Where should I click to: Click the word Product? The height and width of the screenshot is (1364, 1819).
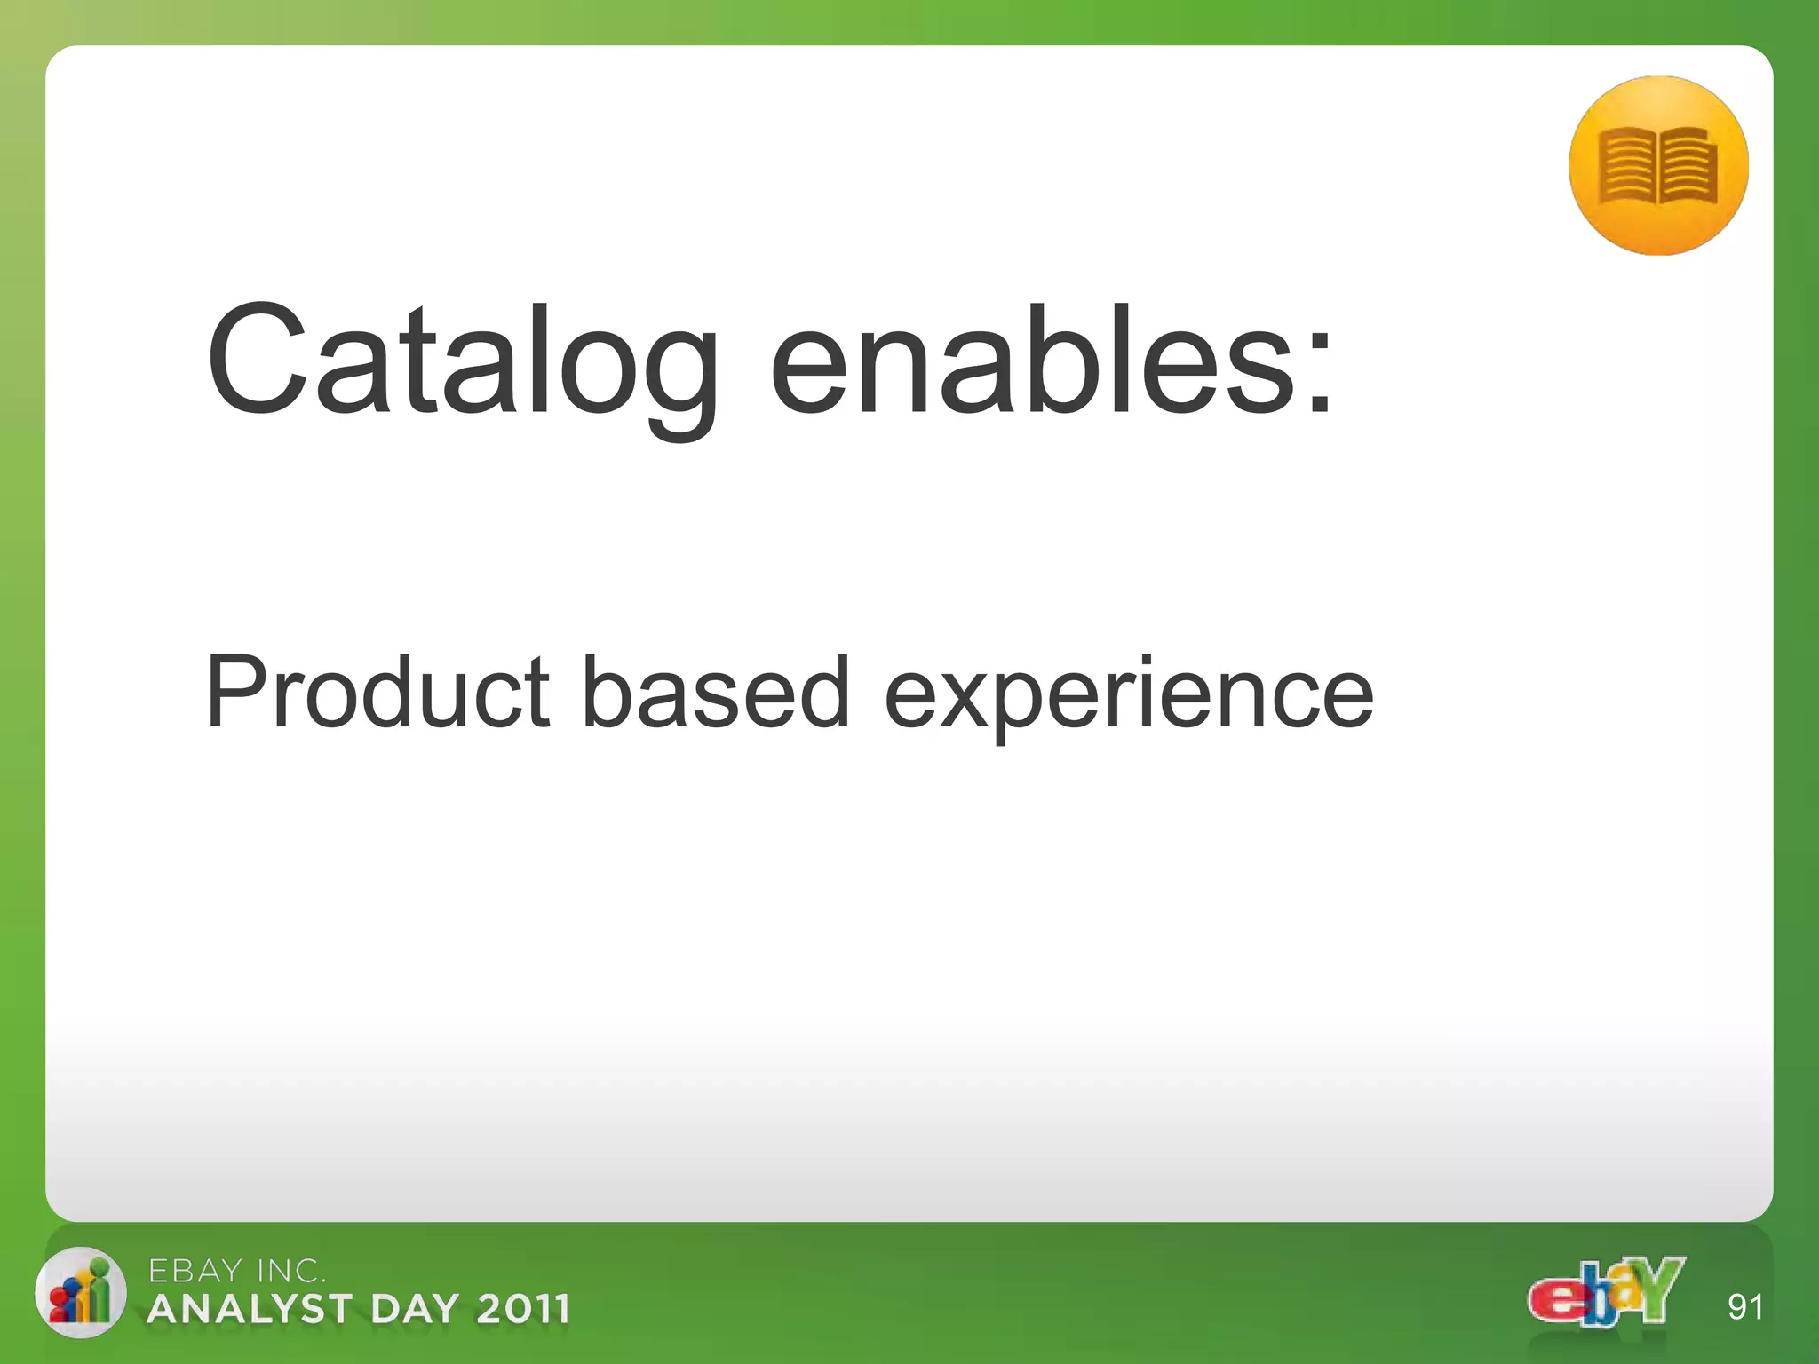coord(377,693)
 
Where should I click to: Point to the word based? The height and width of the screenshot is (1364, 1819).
coord(715,693)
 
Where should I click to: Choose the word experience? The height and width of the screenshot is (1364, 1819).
coord(1128,697)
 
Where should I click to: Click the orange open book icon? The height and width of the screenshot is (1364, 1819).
coord(1657,166)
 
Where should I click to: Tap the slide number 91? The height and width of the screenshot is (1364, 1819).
coord(1744,1307)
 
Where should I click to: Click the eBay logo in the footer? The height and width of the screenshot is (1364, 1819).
coord(1606,1293)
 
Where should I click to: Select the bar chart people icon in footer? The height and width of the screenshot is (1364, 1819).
coord(80,1293)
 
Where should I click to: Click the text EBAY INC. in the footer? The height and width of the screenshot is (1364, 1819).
coord(236,1272)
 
